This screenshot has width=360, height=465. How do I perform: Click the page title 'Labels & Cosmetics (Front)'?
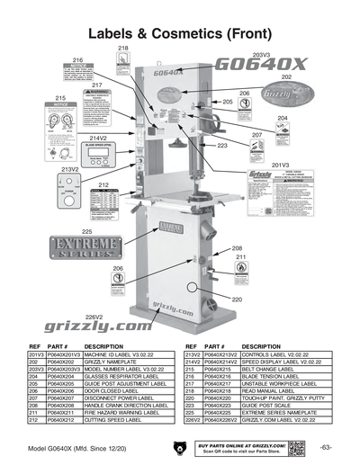click(x=180, y=32)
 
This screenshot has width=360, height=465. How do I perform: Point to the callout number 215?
click(x=61, y=97)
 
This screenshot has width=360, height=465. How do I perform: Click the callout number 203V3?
click(x=261, y=55)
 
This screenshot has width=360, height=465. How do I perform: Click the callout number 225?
click(x=61, y=232)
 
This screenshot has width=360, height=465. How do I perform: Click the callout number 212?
click(x=103, y=184)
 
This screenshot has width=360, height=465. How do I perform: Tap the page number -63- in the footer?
click(x=326, y=448)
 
